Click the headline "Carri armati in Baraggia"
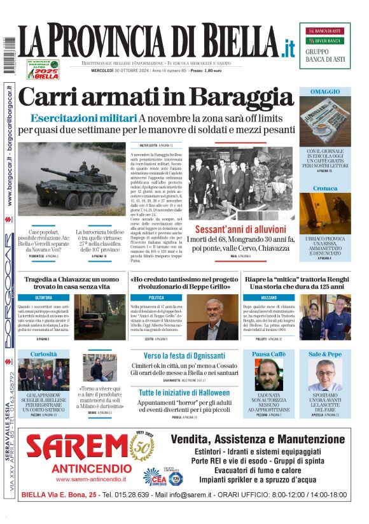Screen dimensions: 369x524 tap(156, 97)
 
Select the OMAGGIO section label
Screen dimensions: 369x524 tap(324, 92)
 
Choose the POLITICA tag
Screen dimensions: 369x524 tap(157, 298)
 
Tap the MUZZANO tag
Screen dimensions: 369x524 tap(268, 298)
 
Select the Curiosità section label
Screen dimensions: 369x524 tap(43, 354)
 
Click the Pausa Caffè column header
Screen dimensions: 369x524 tap(269, 354)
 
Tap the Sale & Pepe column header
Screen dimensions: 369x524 tap(325, 354)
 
